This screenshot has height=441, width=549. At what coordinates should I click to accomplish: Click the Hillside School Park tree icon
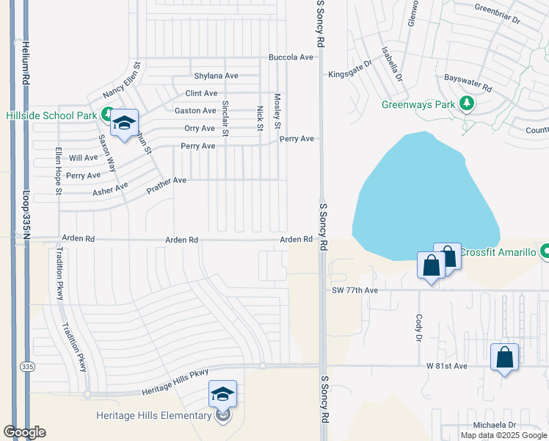(107, 114)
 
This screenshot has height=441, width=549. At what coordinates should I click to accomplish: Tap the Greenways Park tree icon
(466, 104)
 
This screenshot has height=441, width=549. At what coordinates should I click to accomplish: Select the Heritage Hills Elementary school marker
(222, 395)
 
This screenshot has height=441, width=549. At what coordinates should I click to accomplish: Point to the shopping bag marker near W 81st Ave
(504, 358)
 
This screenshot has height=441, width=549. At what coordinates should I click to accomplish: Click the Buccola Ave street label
(291, 57)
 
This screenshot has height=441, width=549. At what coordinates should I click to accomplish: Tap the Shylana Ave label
(216, 76)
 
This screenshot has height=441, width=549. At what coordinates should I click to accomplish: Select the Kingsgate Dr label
(350, 73)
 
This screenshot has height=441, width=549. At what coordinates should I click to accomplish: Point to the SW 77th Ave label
(355, 290)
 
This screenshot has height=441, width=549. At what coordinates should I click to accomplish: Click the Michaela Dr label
(495, 425)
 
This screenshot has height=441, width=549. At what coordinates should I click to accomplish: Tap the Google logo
(24, 432)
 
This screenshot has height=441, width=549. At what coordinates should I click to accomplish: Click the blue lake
(422, 198)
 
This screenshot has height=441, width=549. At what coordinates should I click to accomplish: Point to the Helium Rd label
(25, 62)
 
